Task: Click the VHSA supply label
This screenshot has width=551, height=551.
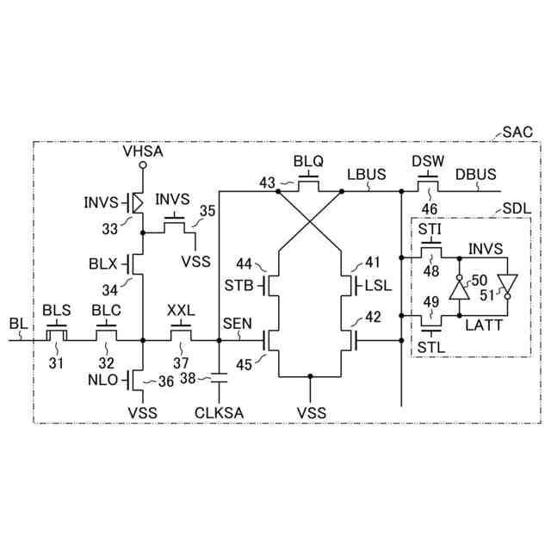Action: pos(143,152)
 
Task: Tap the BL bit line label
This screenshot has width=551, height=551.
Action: pos(18,324)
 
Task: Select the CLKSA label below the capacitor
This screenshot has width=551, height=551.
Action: pos(219,412)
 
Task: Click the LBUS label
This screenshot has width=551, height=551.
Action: pos(366,175)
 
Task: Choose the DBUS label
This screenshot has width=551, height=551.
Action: pos(476,175)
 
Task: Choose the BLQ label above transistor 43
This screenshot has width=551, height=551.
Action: pos(309,161)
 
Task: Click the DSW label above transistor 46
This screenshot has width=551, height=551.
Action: pos(427,161)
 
